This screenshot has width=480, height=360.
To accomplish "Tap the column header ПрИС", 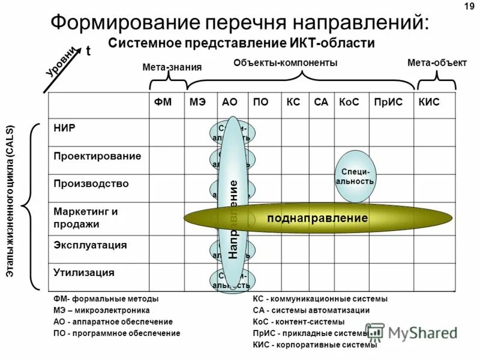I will click(383, 103).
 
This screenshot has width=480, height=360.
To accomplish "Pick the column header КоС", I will click(348, 103).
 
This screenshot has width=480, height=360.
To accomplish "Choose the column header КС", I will click(293, 103).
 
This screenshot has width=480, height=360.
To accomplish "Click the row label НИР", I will click(64, 127).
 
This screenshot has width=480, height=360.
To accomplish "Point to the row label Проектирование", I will click(97, 156).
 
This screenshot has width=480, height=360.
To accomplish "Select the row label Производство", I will click(91, 184).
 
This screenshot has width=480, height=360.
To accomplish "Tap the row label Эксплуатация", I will click(90, 245).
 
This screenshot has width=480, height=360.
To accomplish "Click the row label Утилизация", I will click(83, 272).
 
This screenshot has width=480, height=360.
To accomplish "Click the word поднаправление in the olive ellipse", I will click(317, 218).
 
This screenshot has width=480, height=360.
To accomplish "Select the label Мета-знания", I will click(172, 67).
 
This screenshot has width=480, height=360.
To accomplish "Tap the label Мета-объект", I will click(437, 63).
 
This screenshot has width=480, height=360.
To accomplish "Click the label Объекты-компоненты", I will click(285, 63).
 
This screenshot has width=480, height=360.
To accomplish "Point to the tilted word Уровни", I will click(62, 61).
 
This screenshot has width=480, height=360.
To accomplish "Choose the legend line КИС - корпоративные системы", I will click(315, 344).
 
